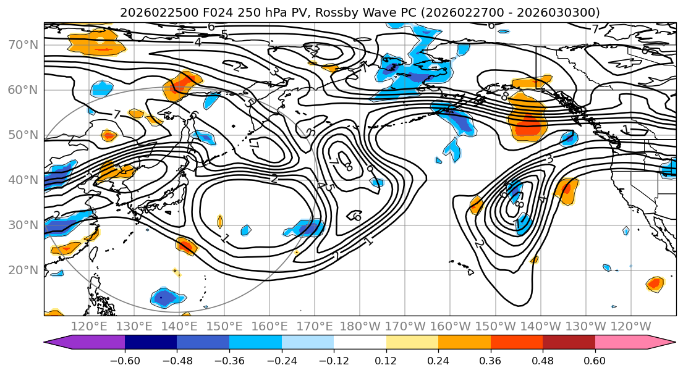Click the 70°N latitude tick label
click(x=23, y=44)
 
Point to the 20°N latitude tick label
click(x=23, y=270)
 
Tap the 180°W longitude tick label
click(x=360, y=326)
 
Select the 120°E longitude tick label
click(x=89, y=326)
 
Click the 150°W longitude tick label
click(x=496, y=326)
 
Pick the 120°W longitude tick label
click(x=631, y=326)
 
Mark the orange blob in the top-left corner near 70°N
click(x=93, y=42)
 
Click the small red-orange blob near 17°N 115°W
click(x=655, y=284)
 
